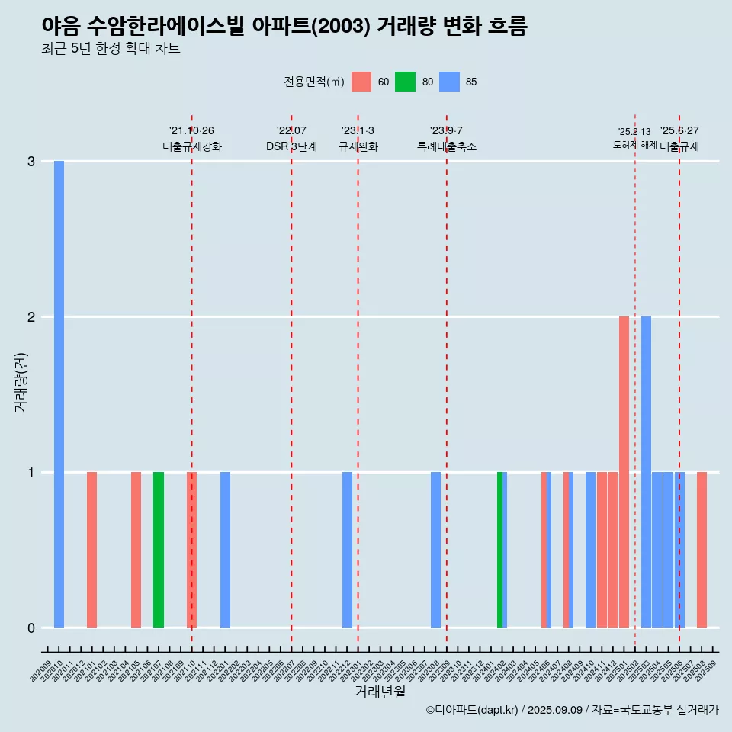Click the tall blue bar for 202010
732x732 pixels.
[59, 394]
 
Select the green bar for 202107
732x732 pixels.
[159, 550]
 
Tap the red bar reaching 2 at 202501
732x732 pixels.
[624, 472]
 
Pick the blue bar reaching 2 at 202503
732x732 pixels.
[646, 472]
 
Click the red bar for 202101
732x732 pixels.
[91, 550]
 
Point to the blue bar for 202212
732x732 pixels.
[347, 550]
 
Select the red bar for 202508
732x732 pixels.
[701, 550]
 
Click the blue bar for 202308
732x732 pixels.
[435, 550]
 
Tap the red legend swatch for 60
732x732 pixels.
[361, 82]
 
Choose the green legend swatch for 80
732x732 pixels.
[405, 82]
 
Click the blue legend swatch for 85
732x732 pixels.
[449, 82]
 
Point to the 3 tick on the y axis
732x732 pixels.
[31, 162]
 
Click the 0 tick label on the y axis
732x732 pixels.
[31, 628]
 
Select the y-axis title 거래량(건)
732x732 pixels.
[21, 382]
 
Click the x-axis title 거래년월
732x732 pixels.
[380, 692]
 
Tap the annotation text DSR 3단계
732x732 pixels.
[291, 146]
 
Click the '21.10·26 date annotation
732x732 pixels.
[191, 130]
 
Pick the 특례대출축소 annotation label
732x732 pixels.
[447, 146]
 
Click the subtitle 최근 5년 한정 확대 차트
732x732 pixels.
[111, 49]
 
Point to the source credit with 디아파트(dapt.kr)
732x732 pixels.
[572, 710]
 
